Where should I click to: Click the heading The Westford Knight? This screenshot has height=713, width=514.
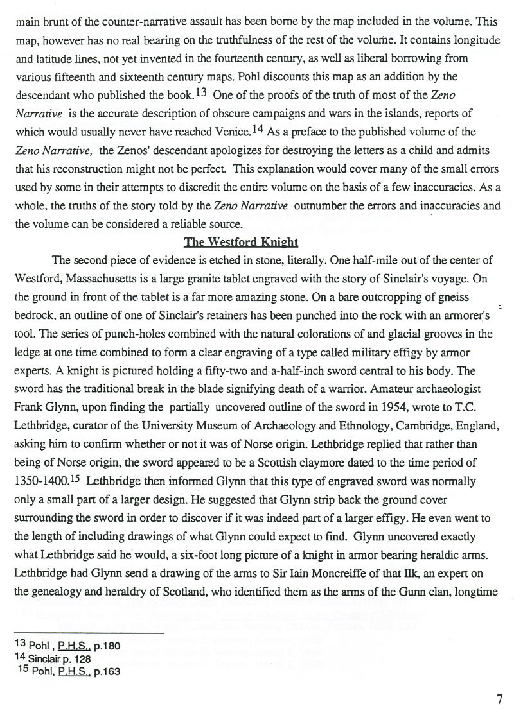point(241,243)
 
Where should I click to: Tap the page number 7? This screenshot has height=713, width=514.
point(499,700)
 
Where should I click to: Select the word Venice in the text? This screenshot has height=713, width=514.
point(232,132)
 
